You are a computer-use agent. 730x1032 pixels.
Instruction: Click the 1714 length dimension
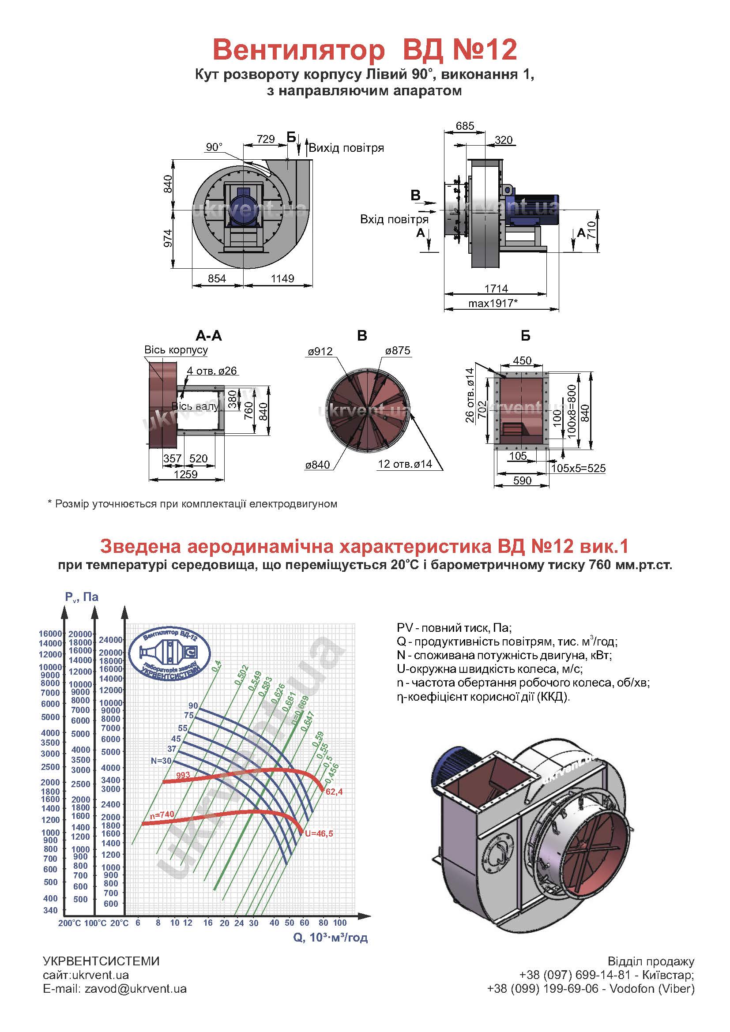(x=496, y=288)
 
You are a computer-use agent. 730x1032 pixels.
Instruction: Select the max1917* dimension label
(x=493, y=303)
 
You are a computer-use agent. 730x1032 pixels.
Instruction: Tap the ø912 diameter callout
(x=320, y=352)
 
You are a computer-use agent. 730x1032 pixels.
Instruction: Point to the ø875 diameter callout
(x=398, y=351)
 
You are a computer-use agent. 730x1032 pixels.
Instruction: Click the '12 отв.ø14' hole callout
(x=405, y=464)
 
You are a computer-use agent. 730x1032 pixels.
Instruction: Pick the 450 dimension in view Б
(x=522, y=360)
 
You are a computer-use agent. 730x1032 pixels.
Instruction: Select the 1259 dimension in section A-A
(x=186, y=474)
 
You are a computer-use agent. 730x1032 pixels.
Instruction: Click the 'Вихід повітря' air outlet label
(x=346, y=148)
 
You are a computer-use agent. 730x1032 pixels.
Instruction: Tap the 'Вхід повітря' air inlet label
(x=394, y=220)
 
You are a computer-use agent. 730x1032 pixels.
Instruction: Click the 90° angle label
(x=214, y=147)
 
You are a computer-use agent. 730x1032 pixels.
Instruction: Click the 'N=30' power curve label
(x=162, y=761)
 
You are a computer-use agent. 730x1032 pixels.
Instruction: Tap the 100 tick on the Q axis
(x=340, y=923)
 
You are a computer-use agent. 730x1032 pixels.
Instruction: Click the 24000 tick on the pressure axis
(x=111, y=640)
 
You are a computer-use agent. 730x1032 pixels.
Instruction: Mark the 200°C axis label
(x=69, y=923)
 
